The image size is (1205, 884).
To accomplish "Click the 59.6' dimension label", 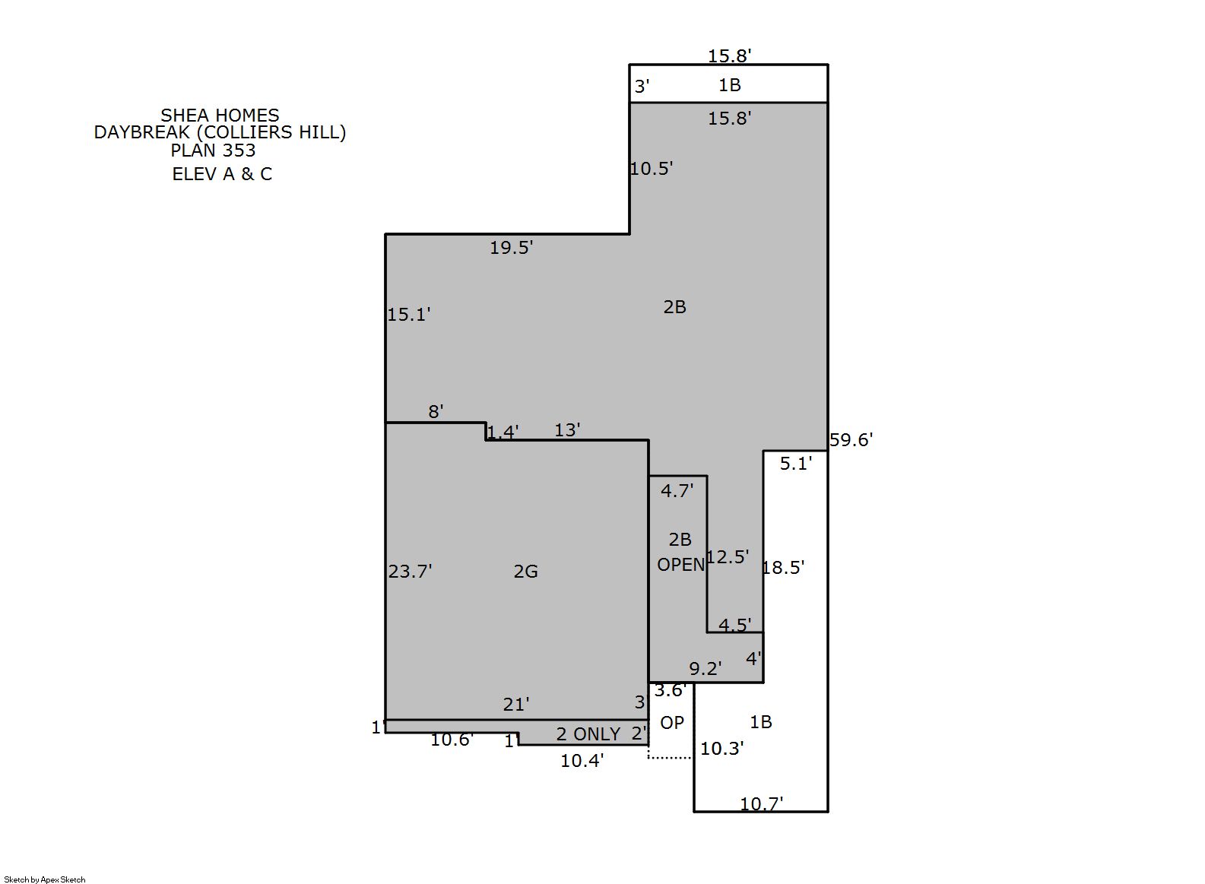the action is (851, 440).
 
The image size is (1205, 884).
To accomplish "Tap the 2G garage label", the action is (525, 572).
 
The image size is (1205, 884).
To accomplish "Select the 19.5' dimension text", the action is (511, 248).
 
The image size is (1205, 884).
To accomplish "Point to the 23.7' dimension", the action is (410, 571).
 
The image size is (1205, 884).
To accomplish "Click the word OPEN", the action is (681, 565).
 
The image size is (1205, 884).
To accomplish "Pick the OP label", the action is (672, 723).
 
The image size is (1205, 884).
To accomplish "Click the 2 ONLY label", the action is (588, 734).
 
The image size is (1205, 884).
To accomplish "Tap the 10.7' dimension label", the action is (762, 804).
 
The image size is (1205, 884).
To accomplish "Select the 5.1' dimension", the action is (796, 464).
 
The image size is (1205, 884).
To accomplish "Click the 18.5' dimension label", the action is (783, 568).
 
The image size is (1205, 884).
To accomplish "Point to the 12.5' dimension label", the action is (728, 557).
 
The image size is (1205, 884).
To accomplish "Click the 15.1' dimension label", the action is (409, 315).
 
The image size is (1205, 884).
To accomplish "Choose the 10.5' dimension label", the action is (652, 169).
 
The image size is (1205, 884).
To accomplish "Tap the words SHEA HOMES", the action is (220, 116).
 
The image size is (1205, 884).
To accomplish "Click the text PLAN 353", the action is (213, 151).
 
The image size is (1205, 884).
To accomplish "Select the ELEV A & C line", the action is (222, 174).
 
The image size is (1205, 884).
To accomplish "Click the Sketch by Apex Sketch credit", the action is (45, 879).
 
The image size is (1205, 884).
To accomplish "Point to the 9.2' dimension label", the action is (706, 669).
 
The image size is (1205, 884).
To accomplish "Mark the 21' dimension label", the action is (516, 705).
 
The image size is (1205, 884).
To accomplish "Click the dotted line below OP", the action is (671, 758).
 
